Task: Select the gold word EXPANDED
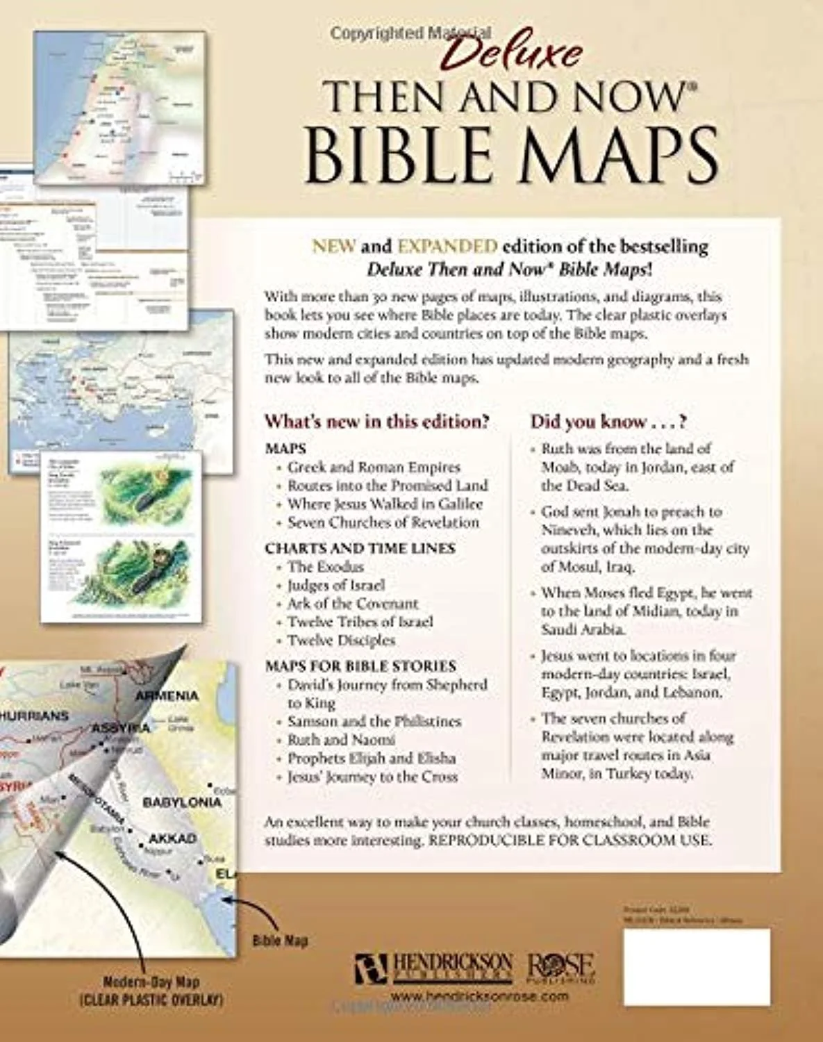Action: pyautogui.click(x=447, y=246)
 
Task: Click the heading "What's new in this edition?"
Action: pyautogui.click(x=377, y=422)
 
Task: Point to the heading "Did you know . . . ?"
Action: pyautogui.click(x=608, y=422)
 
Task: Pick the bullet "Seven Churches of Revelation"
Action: pyautogui.click(x=383, y=522)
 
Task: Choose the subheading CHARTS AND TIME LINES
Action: pyautogui.click(x=360, y=548)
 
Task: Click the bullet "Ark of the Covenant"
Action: pyautogui.click(x=353, y=604)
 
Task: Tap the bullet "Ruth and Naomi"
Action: pyautogui.click(x=341, y=740)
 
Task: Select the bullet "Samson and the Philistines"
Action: pyautogui.click(x=374, y=721)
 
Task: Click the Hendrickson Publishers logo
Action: pyautogui.click(x=434, y=967)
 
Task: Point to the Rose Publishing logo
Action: pyautogui.click(x=560, y=967)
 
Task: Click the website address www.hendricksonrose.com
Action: pyautogui.click(x=479, y=996)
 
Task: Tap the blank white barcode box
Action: pyautogui.click(x=697, y=967)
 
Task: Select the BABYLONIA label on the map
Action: pyautogui.click(x=182, y=802)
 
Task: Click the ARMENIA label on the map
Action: pyautogui.click(x=167, y=695)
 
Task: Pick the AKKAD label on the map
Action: pyautogui.click(x=172, y=838)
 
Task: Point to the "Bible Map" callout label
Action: pyautogui.click(x=280, y=941)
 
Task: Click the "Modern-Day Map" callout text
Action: pyautogui.click(x=151, y=982)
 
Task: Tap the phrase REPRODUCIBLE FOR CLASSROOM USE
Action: pyautogui.click(x=570, y=840)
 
